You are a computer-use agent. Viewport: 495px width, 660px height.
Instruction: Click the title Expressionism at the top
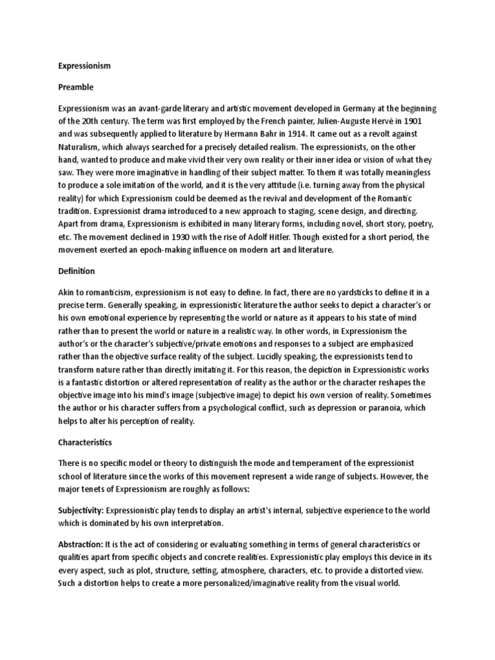[84, 66]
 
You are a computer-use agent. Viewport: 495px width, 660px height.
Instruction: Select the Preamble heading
[76, 86]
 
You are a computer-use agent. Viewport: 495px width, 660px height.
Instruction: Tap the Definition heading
[77, 271]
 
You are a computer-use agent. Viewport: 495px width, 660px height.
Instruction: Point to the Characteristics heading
[85, 443]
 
